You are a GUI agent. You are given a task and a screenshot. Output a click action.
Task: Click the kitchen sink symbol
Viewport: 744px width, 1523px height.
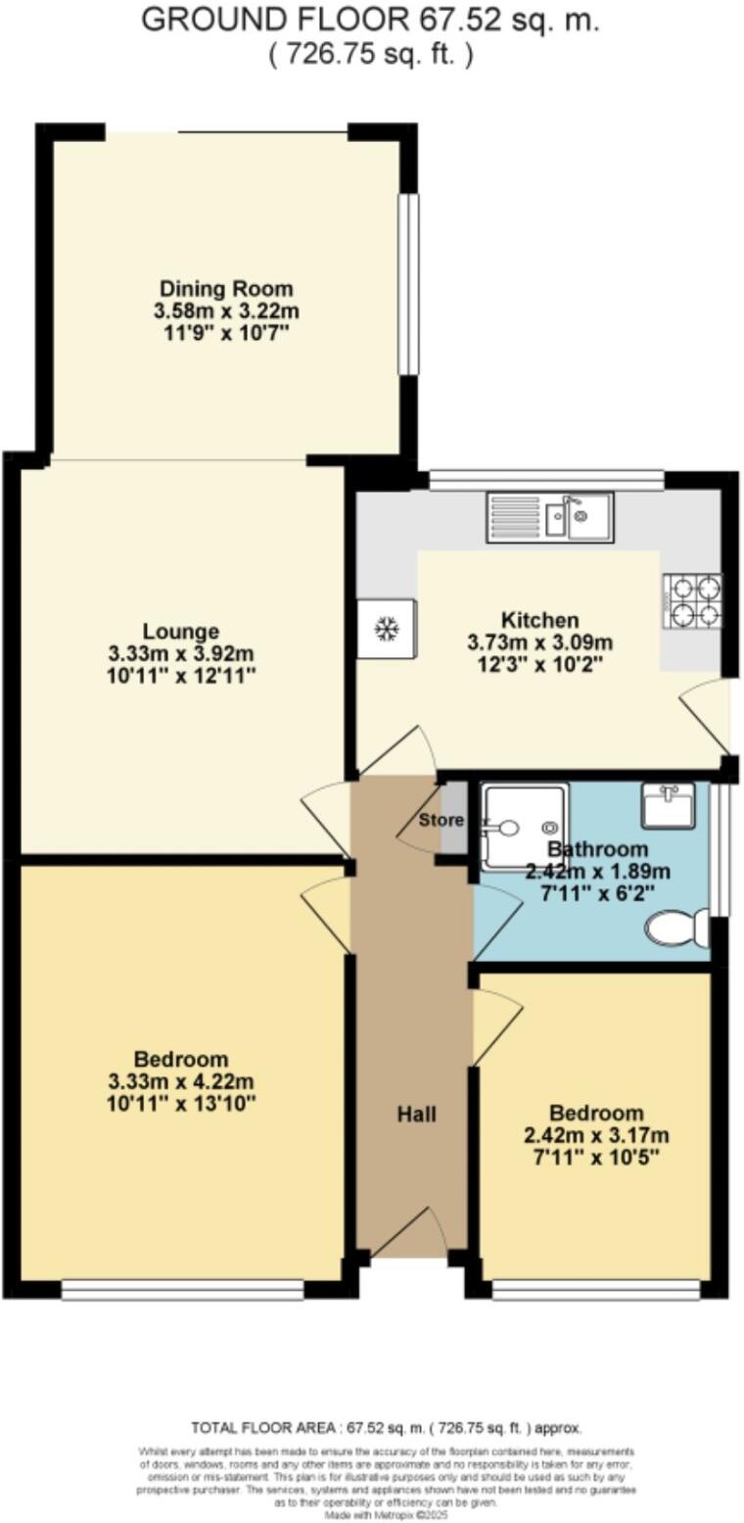pyautogui.click(x=549, y=516)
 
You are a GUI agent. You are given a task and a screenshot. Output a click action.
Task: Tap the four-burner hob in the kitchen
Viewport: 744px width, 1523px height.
pyautogui.click(x=693, y=600)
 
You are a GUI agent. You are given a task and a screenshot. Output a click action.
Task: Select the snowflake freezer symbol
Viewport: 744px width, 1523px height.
pyautogui.click(x=387, y=629)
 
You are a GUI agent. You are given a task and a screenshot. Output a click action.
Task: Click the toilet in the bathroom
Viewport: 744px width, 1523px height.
pyautogui.click(x=677, y=927)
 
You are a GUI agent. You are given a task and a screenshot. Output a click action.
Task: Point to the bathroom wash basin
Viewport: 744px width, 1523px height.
pyautogui.click(x=669, y=804)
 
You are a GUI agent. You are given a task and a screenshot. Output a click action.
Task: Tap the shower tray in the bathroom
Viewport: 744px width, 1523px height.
pyautogui.click(x=523, y=826)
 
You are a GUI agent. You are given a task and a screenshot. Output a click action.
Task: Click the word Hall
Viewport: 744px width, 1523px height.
pyautogui.click(x=416, y=1114)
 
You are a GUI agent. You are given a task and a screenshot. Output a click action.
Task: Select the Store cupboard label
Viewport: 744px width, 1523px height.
pyautogui.click(x=441, y=820)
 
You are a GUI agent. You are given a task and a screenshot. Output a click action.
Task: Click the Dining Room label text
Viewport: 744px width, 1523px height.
pyautogui.click(x=226, y=289)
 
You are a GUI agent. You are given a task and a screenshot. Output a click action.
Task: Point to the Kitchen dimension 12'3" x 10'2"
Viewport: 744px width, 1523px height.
pyautogui.click(x=539, y=664)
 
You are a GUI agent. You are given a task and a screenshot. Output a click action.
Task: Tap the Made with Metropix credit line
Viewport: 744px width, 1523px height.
pyautogui.click(x=386, y=1515)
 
